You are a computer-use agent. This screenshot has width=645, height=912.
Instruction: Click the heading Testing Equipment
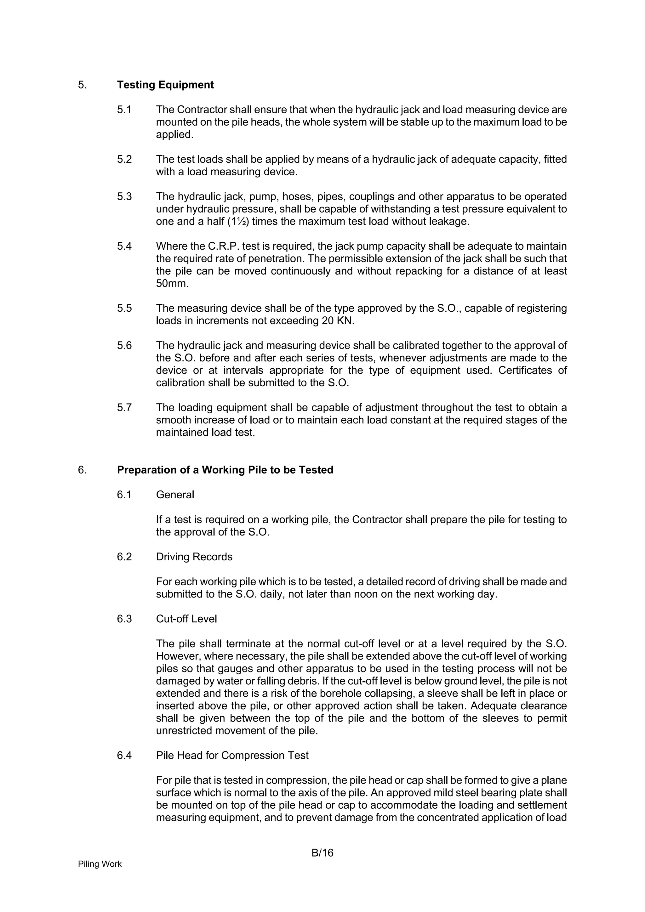pyautogui.click(x=165, y=85)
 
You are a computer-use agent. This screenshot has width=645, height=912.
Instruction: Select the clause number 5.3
pyautogui.click(x=124, y=197)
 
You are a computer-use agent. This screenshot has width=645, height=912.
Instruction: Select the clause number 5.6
pyautogui.click(x=124, y=346)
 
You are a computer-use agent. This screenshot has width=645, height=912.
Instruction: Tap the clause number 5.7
pyautogui.click(x=124, y=408)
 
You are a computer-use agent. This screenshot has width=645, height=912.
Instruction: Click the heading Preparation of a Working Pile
pyautogui.click(x=225, y=470)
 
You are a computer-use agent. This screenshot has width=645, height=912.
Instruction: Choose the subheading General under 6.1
pyautogui.click(x=175, y=495)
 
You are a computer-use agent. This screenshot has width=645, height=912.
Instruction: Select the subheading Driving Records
pyautogui.click(x=194, y=557)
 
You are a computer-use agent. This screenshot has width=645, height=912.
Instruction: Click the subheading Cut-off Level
pyautogui.click(x=186, y=619)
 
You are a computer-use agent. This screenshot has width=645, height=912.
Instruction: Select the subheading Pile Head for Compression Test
pyautogui.click(x=232, y=756)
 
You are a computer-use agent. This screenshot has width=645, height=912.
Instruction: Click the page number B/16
pyautogui.click(x=322, y=853)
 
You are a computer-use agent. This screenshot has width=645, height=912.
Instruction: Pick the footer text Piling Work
pyautogui.click(x=100, y=864)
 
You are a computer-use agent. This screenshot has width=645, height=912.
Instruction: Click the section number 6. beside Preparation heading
pyautogui.click(x=82, y=470)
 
